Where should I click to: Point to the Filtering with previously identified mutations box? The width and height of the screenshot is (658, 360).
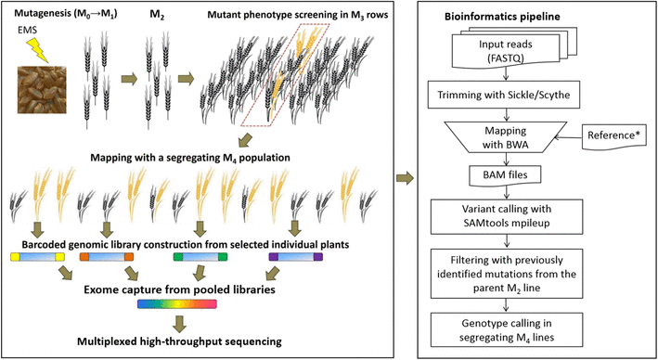[x=506, y=276]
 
